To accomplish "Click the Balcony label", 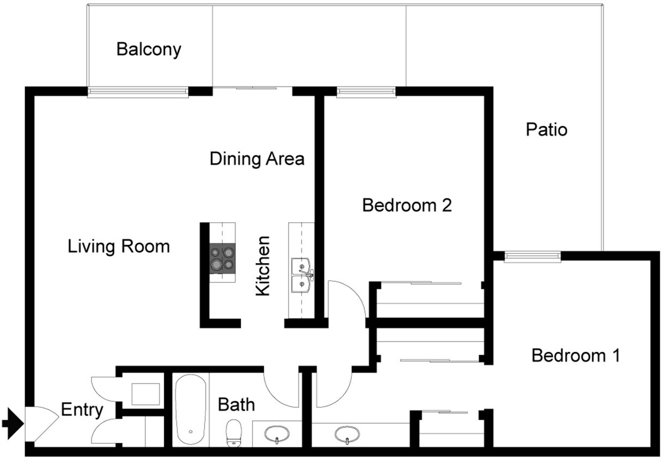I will tap(149, 50).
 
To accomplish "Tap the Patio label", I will tap(547, 130).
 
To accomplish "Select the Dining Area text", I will tap(257, 159).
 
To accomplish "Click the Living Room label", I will tap(119, 246).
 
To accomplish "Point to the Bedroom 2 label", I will tap(407, 206).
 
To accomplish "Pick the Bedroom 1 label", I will tap(575, 356).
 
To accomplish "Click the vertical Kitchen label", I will tap(263, 266).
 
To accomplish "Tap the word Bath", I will tap(236, 405).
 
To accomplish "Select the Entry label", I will tap(82, 410).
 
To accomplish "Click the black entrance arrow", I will tap(12, 423).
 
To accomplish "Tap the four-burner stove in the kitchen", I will tap(223, 258).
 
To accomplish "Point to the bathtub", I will tap(191, 409).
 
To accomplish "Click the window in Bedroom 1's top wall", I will tap(532, 257).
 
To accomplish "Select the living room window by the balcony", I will tap(138, 92).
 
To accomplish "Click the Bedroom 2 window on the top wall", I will tap(366, 92).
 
